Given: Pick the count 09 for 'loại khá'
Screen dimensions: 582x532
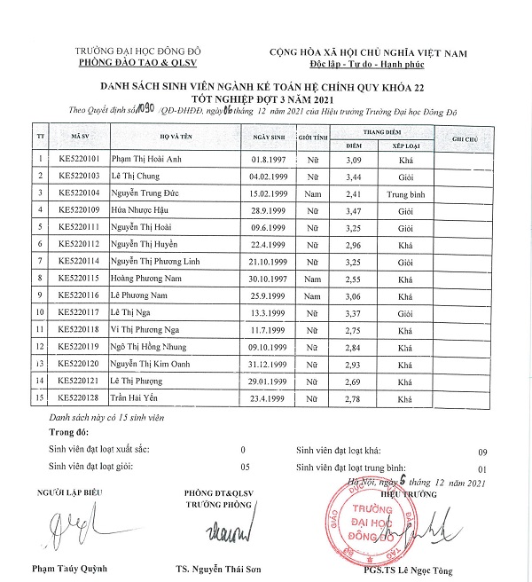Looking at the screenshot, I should pyautogui.click(x=482, y=450).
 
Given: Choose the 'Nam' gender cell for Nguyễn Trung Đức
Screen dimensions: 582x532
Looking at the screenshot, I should pyautogui.click(x=310, y=192).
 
